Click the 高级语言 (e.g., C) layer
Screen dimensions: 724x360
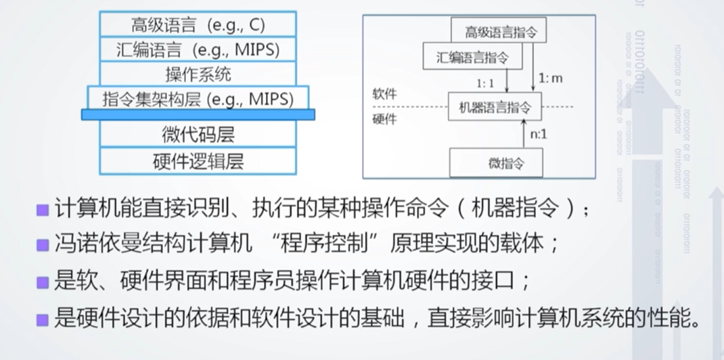coord(198,25)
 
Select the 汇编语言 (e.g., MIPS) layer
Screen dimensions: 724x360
coord(198,49)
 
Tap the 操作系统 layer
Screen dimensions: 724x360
coord(198,73)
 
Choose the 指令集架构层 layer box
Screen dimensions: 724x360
coord(198,98)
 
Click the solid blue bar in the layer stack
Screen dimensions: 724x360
coord(198,115)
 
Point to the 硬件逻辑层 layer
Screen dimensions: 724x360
coord(198,161)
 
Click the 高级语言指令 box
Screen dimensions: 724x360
coord(499,32)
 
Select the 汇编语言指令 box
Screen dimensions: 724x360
coord(473,56)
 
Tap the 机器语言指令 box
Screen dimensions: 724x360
coord(495,107)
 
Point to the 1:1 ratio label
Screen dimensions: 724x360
coord(485,84)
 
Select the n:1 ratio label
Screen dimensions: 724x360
coord(539,135)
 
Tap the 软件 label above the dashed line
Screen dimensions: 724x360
coord(384,95)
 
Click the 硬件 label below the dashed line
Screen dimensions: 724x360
coord(384,120)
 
